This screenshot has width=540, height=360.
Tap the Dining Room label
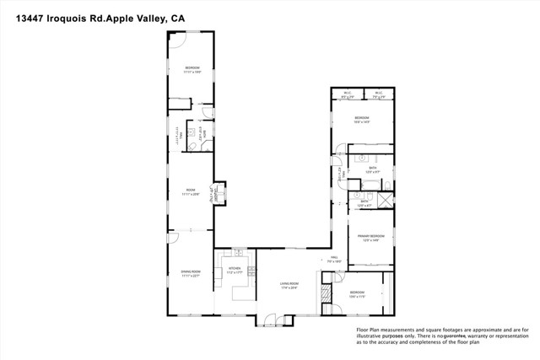coord(190,272)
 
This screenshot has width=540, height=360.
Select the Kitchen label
coord(235,271)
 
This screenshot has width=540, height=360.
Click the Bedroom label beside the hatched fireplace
coord(359,294)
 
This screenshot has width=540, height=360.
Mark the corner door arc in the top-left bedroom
coord(177,39)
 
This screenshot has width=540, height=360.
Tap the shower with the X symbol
coord(385,200)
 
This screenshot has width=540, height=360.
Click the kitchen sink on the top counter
coord(239,254)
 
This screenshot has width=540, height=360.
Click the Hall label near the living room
coord(333,258)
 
